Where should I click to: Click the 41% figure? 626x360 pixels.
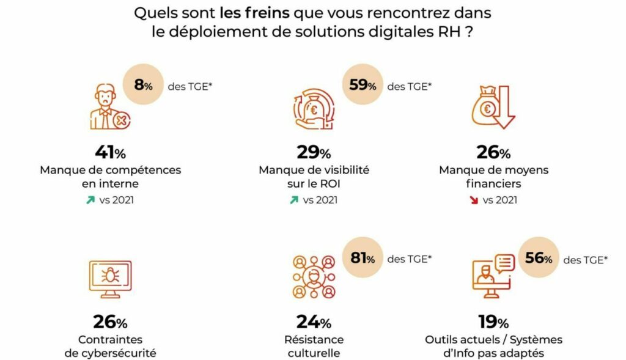click(110, 152)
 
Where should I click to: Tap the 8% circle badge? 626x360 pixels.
click(143, 86)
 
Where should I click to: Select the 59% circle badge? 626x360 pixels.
click(362, 86)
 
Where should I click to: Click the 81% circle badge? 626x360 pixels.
click(362, 259)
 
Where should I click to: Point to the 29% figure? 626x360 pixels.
click(314, 152)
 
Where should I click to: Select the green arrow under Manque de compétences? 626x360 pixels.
click(90, 200)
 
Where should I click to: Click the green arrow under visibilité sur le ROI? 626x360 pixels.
click(293, 200)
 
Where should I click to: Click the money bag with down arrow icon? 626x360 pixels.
click(492, 108)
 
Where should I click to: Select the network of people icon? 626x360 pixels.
click(313, 278)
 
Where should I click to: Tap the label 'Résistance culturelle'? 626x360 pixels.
click(314, 346)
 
